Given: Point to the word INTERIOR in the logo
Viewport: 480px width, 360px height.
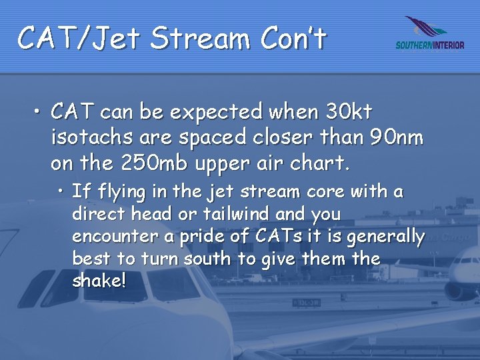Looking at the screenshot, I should click(447, 46).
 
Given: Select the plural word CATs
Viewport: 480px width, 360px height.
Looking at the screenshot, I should click(269, 237).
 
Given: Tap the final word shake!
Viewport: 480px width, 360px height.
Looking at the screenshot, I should click(98, 281).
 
